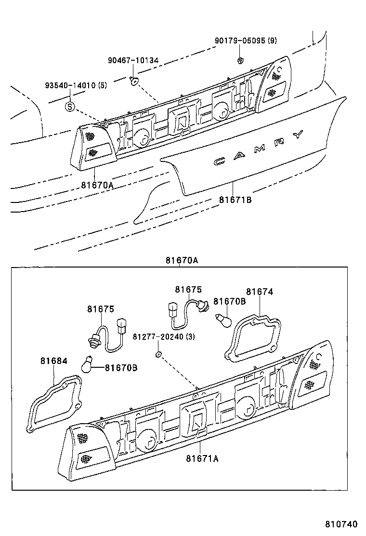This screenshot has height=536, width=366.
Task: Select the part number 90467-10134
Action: click(133, 60)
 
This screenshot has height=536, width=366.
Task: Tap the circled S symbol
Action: click(70, 107)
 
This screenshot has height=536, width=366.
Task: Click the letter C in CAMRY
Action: click(221, 161)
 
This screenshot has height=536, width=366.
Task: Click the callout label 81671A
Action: click(202, 458)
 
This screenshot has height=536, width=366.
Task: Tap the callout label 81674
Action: click(260, 292)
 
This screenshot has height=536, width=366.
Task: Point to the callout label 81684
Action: click(51, 360)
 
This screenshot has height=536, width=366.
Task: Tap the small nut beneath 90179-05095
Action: click(240, 60)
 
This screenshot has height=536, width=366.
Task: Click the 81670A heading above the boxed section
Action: click(182, 260)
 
